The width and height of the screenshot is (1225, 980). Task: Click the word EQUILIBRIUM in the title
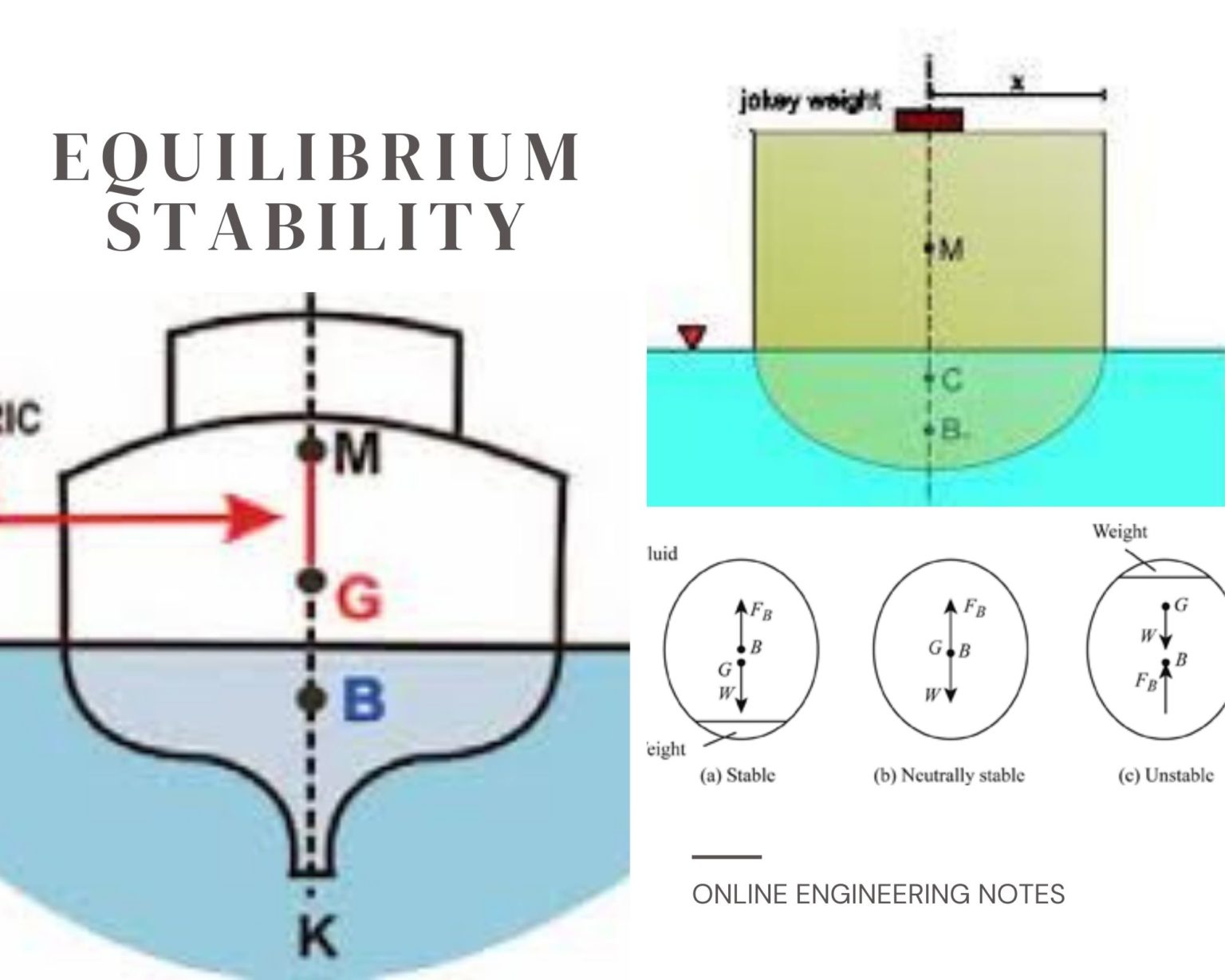(317, 157)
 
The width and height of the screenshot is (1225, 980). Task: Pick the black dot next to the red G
(312, 580)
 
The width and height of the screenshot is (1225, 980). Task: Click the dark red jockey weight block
(929, 120)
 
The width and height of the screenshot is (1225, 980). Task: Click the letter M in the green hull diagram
(951, 250)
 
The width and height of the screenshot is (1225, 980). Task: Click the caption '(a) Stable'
(738, 775)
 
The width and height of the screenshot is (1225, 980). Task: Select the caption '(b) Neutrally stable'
(948, 775)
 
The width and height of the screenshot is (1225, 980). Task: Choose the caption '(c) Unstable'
(1166, 775)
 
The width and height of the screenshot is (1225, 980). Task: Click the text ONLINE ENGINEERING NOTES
(878, 894)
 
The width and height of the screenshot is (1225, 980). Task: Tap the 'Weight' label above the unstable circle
(1120, 531)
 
